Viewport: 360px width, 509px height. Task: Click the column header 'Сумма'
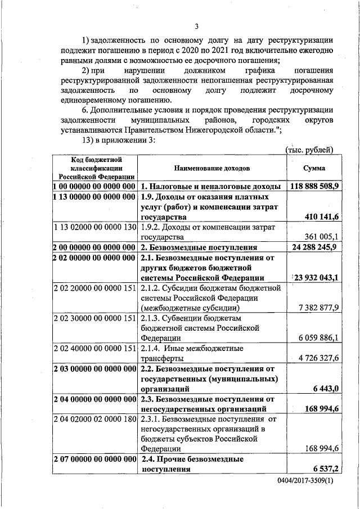313,168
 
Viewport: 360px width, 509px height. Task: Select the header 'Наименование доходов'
211,168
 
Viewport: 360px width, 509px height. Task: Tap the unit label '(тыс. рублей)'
309,150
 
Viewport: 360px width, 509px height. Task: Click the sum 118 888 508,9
314,186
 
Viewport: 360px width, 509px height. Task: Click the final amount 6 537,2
325,469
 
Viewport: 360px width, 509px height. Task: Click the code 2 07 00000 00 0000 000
94,460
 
